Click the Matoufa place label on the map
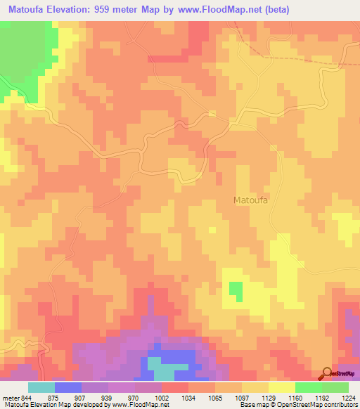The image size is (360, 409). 252,200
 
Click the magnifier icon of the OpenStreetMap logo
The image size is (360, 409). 326,372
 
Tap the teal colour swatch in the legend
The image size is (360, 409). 41,387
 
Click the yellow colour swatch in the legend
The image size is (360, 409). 281,387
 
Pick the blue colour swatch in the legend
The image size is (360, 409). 68,387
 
